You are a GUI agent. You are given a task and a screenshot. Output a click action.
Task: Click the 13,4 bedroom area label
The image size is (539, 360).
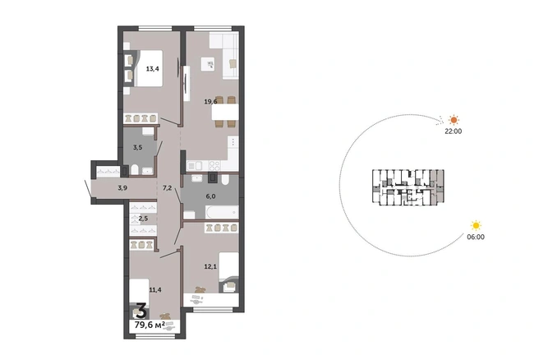(x=152, y=69)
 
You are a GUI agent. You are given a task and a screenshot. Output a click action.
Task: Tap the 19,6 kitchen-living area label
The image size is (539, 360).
(x=210, y=101)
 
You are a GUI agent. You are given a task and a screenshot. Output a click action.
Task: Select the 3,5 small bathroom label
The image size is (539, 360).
(x=137, y=147)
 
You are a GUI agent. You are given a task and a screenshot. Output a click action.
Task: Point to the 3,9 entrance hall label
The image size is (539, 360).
(x=122, y=187)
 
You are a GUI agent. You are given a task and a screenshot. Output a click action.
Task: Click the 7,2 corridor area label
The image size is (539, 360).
(x=167, y=187)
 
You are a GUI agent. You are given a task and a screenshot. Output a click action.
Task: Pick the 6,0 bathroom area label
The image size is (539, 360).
(x=210, y=196)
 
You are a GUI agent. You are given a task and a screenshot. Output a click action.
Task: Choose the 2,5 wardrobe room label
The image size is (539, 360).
(x=143, y=219)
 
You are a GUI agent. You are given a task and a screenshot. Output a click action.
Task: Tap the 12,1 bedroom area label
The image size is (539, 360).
(x=210, y=266)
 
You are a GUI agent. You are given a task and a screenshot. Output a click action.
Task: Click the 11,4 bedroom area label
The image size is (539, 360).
(x=155, y=290)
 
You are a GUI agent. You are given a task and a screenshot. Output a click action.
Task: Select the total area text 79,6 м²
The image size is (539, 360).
(x=150, y=325)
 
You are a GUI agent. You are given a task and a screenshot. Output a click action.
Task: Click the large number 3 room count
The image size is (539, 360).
(x=141, y=311)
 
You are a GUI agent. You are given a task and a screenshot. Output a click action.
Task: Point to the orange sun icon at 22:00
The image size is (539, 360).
(x=454, y=120)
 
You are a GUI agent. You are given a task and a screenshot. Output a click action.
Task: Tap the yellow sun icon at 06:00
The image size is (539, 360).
(x=476, y=225)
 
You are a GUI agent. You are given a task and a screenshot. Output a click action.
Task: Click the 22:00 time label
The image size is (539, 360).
(x=454, y=131)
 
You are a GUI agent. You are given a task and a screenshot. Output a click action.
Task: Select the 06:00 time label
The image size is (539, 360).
(x=476, y=237)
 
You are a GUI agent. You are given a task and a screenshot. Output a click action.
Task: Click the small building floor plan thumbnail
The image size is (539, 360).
(x=408, y=187)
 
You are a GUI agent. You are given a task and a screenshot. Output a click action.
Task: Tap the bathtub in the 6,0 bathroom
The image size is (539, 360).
(x=222, y=212)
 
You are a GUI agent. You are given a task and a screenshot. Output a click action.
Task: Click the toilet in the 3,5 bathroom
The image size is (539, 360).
(x=135, y=169)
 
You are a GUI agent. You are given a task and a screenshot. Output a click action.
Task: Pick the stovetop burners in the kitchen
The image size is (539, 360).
(x=214, y=166)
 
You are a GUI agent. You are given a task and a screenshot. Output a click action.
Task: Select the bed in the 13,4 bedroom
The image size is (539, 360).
(x=149, y=68)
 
